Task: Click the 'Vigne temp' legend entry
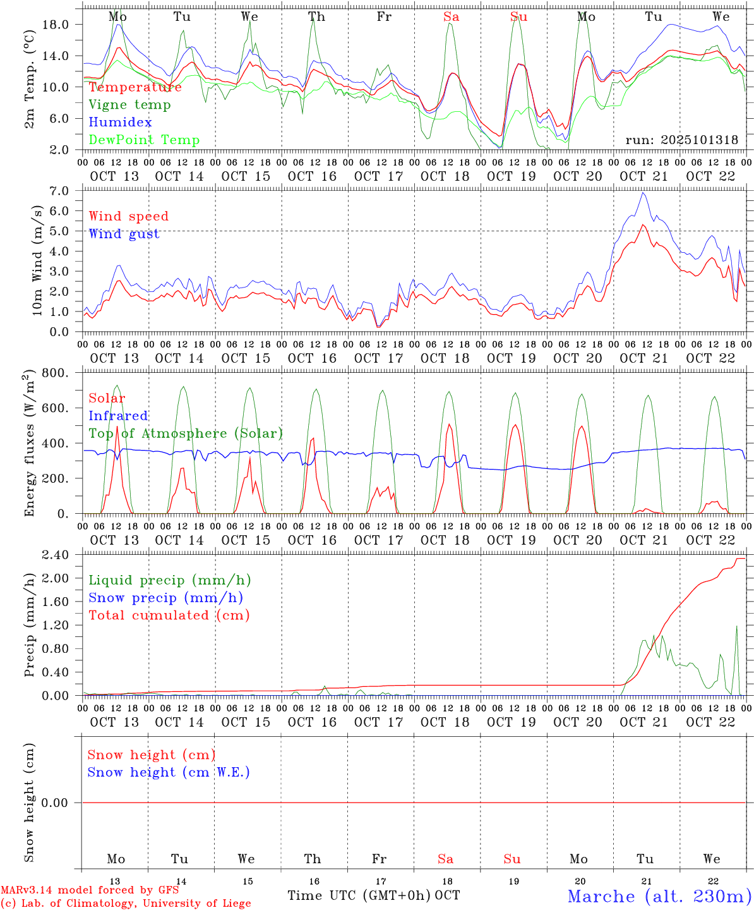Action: pyautogui.click(x=129, y=105)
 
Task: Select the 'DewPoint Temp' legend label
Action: pyautogui.click(x=144, y=140)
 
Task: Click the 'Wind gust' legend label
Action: pyautogui.click(x=124, y=234)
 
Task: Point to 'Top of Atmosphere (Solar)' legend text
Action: pyautogui.click(x=186, y=434)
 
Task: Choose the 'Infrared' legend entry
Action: pyautogui.click(x=118, y=416)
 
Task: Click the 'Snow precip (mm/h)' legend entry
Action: pyautogui.click(x=165, y=598)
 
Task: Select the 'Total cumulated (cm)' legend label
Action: pyautogui.click(x=169, y=616)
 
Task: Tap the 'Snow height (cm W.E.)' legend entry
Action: pyautogui.click(x=169, y=772)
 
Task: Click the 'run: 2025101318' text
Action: pyautogui.click(x=681, y=140)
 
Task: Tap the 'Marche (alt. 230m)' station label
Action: pyautogui.click(x=659, y=896)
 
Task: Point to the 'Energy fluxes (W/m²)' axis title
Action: pyautogui.click(x=30, y=445)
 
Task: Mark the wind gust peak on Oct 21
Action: pyautogui.click(x=643, y=193)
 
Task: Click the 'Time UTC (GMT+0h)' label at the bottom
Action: pyautogui.click(x=359, y=895)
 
